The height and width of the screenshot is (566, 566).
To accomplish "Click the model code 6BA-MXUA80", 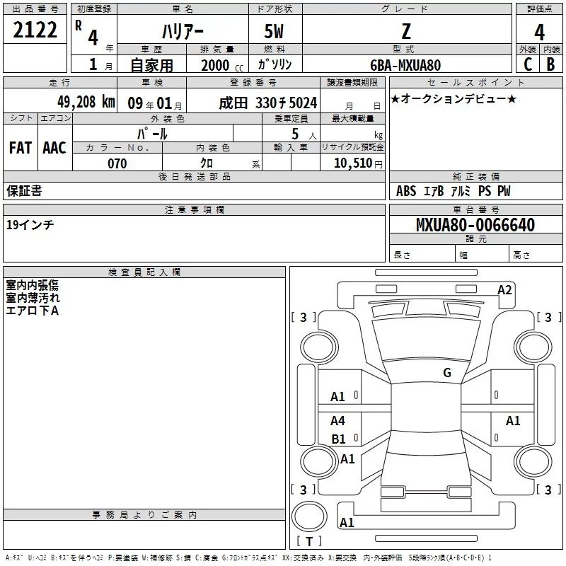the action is pyautogui.click(x=405, y=65).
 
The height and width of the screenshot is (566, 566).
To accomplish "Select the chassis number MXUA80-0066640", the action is pyautogui.click(x=475, y=225).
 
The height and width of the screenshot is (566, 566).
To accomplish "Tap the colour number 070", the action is pyautogui.click(x=117, y=163).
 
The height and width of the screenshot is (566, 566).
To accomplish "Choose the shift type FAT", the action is pyautogui.click(x=20, y=148).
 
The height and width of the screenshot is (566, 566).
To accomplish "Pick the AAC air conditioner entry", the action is pyautogui.click(x=54, y=148).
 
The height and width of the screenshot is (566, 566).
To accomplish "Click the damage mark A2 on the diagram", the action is pyautogui.click(x=504, y=289).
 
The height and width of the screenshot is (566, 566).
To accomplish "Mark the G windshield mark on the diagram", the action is pyautogui.click(x=446, y=373).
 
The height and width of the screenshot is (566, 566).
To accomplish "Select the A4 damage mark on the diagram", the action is pyautogui.click(x=338, y=421).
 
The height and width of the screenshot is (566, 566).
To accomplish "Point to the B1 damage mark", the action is pyautogui.click(x=338, y=439).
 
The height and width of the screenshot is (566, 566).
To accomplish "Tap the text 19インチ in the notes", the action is pyautogui.click(x=30, y=224).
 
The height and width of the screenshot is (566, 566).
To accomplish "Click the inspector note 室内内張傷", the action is pyautogui.click(x=33, y=284).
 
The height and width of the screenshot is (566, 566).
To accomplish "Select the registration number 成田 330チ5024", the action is pyautogui.click(x=267, y=103).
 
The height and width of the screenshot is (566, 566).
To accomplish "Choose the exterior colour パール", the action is pyautogui.click(x=152, y=133).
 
